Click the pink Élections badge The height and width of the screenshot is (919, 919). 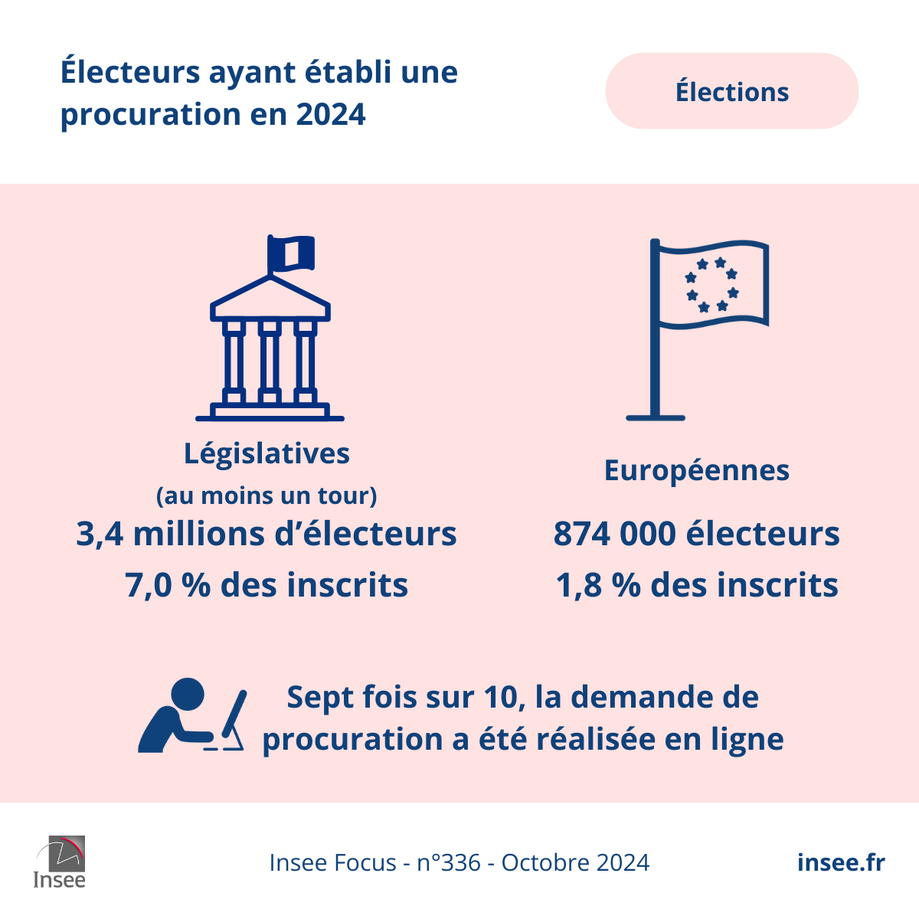pyautogui.click(x=731, y=91)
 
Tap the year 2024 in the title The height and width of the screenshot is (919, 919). pyautogui.click(x=331, y=115)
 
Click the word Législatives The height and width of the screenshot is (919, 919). pyautogui.click(x=267, y=453)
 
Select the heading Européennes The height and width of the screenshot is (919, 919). pyautogui.click(x=696, y=470)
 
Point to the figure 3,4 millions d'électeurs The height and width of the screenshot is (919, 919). pyautogui.click(x=267, y=534)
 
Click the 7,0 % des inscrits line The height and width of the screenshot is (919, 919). pyautogui.click(x=267, y=585)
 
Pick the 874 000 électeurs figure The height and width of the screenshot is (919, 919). pyautogui.click(x=696, y=534)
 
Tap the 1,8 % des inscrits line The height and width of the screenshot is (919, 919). pyautogui.click(x=696, y=585)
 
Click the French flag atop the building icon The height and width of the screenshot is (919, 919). pyautogui.click(x=292, y=253)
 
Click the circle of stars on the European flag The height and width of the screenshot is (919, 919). pyautogui.click(x=711, y=285)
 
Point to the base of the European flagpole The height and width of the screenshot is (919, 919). pyautogui.click(x=655, y=417)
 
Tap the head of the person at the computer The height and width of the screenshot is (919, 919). pyautogui.click(x=188, y=694)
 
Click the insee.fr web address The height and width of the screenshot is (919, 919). pyautogui.click(x=840, y=862)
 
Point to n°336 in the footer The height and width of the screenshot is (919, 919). pyautogui.click(x=449, y=863)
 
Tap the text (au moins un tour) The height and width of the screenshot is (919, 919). pyautogui.click(x=267, y=495)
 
